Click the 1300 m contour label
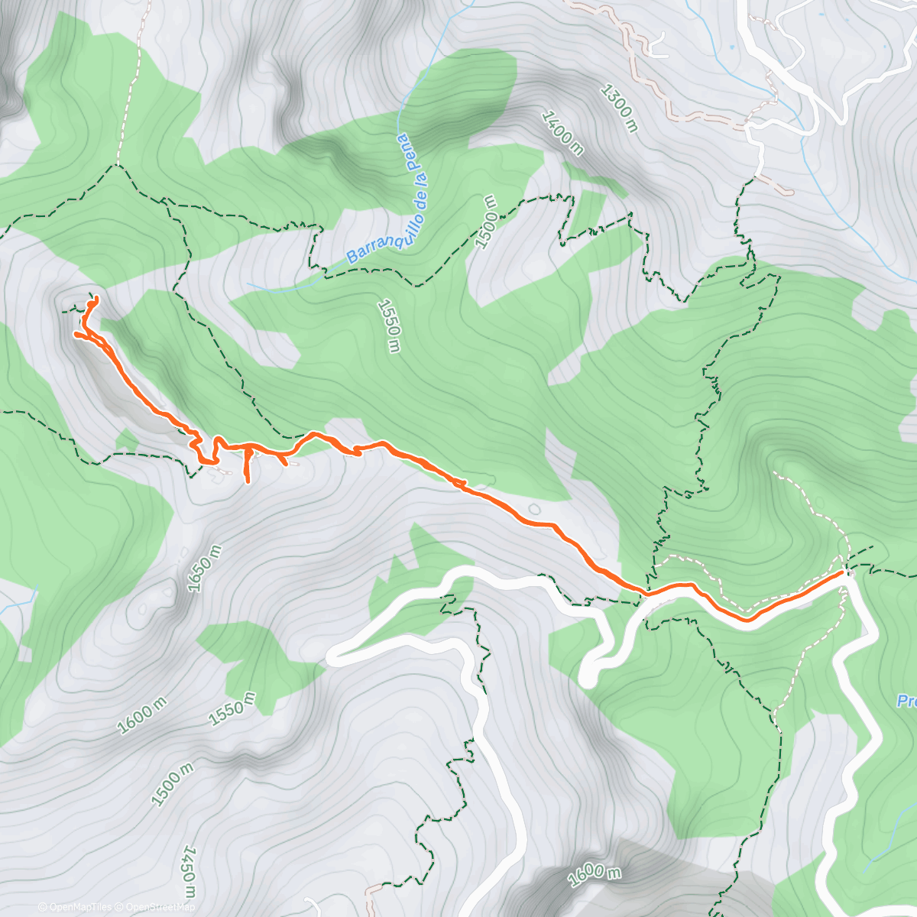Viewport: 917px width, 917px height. click(x=619, y=108)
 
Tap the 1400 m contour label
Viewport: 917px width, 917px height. click(x=562, y=133)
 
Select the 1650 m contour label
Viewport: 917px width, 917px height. click(x=205, y=569)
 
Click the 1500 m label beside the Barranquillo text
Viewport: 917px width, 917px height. click(x=487, y=222)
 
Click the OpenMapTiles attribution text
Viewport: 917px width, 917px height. click(x=75, y=907)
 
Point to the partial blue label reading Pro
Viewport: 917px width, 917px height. click(x=907, y=701)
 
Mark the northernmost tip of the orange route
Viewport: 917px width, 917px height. click(x=96, y=297)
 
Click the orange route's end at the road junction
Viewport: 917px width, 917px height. click(x=842, y=571)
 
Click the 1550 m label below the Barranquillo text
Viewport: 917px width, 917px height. click(x=389, y=326)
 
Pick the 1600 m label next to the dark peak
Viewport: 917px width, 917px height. click(x=594, y=875)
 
